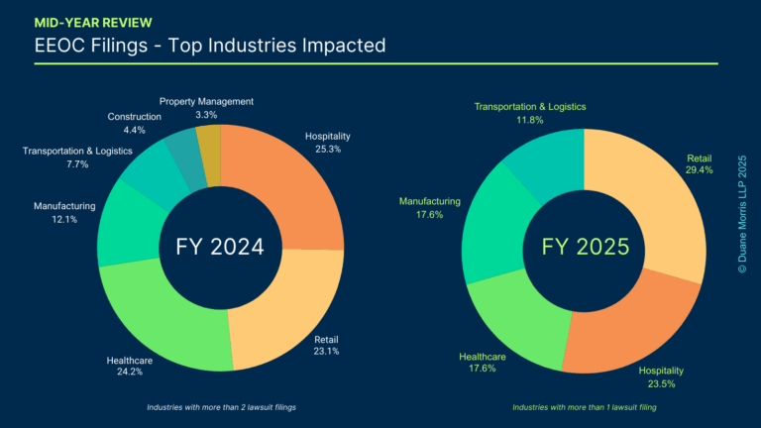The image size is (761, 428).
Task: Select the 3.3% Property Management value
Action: [206, 115]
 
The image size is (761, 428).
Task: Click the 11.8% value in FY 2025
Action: [529, 121]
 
